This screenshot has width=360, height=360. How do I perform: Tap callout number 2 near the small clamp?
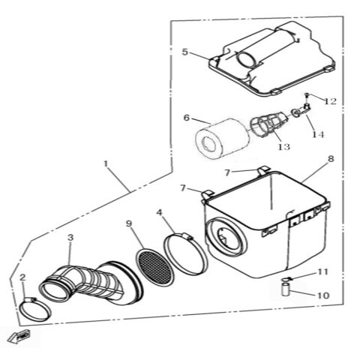pos(22,277)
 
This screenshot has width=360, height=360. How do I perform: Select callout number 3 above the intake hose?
pos(70,238)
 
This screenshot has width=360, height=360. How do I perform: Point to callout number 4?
pos(160,212)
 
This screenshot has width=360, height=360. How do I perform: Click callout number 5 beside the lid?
pos(184,52)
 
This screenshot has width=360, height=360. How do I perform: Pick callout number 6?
pos(187,118)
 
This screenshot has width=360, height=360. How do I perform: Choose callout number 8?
pos(331,160)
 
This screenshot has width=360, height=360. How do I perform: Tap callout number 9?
pos(129,223)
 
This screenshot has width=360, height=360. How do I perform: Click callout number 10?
pos(322,295)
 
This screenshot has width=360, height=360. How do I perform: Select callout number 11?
pos(322,271)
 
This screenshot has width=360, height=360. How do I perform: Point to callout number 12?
pos(331,100)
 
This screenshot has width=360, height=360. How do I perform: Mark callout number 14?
pos(318,134)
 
